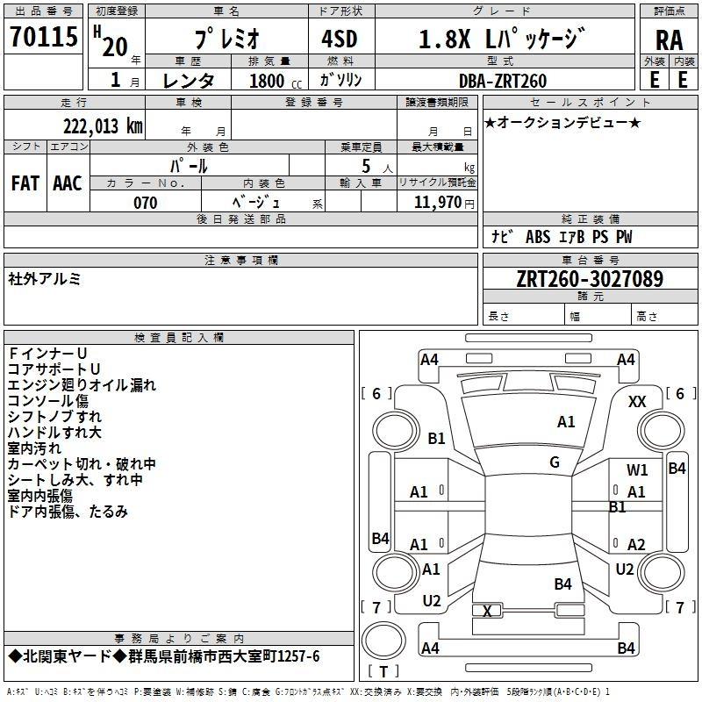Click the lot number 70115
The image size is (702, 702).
[44, 37]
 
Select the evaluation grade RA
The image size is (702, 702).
[669, 40]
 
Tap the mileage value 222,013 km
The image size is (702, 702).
[103, 126]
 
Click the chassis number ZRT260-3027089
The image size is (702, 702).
[590, 278]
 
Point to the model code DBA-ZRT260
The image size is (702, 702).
[503, 81]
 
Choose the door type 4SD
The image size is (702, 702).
[340, 39]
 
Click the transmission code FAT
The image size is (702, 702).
[25, 183]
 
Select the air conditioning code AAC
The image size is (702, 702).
[68, 183]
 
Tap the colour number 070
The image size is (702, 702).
[146, 203]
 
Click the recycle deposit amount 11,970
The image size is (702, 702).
[437, 202]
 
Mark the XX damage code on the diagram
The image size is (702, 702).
[637, 402]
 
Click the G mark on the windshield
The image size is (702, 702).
[555, 462]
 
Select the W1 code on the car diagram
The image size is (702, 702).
[637, 470]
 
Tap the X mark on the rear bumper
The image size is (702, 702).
[487, 611]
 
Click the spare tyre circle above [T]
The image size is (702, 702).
[383, 641]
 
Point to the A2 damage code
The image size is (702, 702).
[636, 544]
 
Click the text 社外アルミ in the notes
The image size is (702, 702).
[45, 279]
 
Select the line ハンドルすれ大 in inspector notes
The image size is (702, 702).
[54, 432]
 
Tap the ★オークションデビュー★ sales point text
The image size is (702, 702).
[562, 123]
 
